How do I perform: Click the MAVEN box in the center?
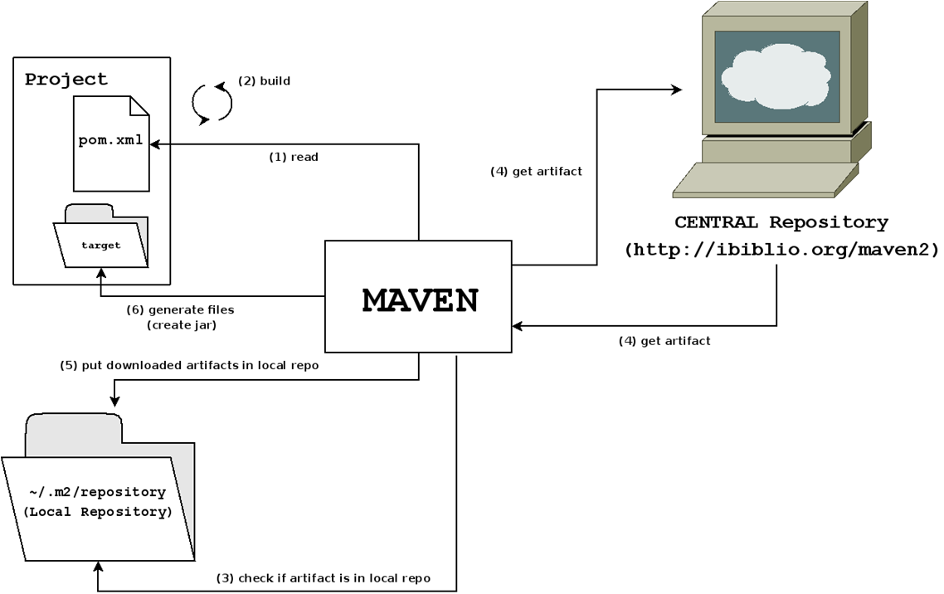tap(418, 296)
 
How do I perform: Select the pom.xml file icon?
tap(111, 143)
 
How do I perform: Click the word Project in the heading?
tap(66, 80)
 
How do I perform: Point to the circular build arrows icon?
tap(212, 102)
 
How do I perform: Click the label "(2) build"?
tap(264, 81)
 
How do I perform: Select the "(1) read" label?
tap(293, 156)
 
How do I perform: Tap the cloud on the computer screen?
tap(776, 77)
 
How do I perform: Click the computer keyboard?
tap(764, 179)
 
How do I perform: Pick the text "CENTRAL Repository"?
tap(781, 222)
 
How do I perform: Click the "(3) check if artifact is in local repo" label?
tap(324, 577)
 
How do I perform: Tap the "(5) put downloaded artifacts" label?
tap(188, 365)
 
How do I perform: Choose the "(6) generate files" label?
tap(180, 309)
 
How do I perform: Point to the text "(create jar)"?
tap(181, 324)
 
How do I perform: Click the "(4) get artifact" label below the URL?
tap(664, 340)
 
